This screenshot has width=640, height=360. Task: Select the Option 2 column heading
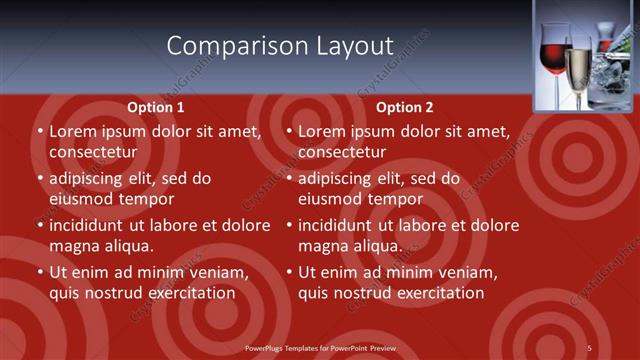click(x=405, y=107)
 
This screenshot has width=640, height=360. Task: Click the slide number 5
click(x=590, y=347)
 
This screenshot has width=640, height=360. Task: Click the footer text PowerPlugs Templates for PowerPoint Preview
click(x=320, y=347)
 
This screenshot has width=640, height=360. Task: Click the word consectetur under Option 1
click(x=93, y=152)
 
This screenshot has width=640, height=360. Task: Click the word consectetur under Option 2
click(x=342, y=152)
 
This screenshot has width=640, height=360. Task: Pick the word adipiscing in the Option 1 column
click(x=89, y=178)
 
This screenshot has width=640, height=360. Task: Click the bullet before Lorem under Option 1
click(x=40, y=131)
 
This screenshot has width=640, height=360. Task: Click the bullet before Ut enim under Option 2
click(x=289, y=272)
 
